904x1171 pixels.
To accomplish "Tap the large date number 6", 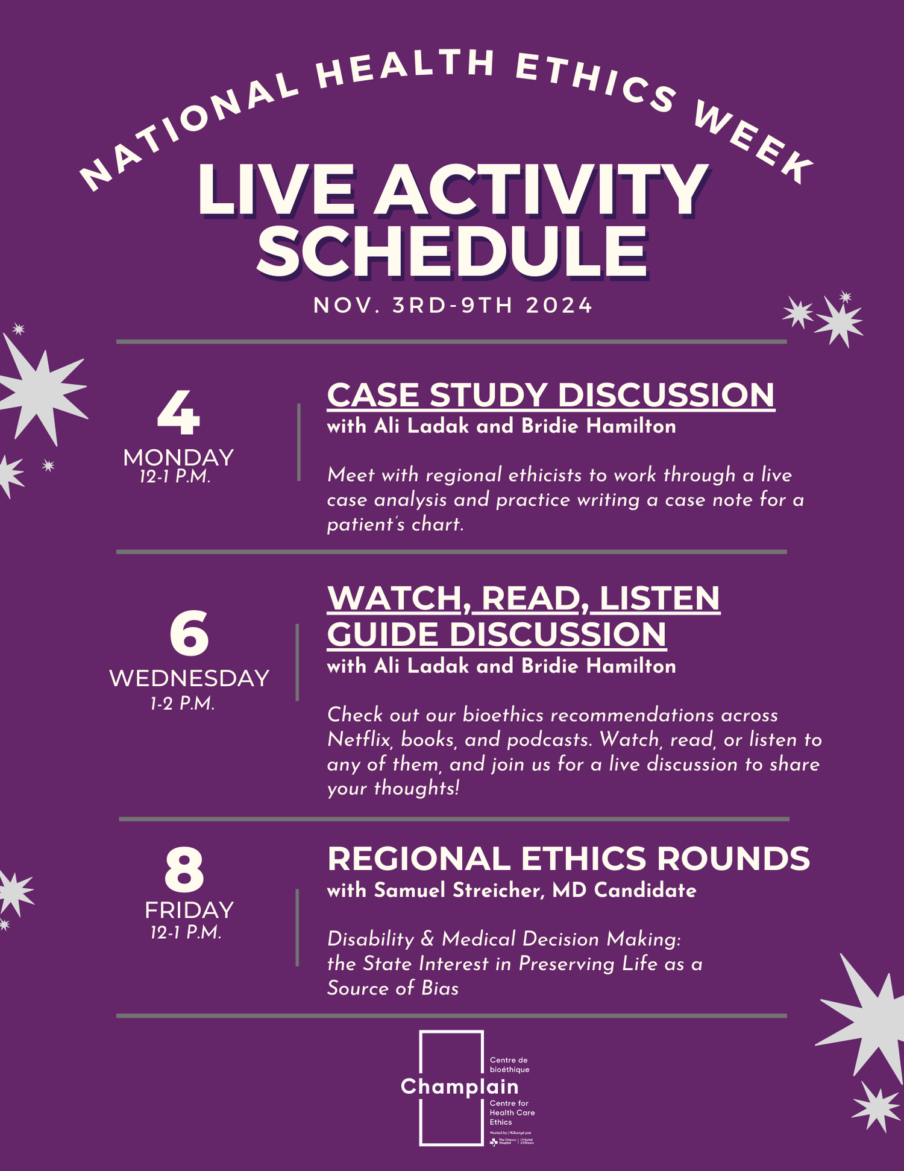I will (189, 633).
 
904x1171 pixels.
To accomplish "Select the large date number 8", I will (184, 870).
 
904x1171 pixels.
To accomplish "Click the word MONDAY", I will (178, 458).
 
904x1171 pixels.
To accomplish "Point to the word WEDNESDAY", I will (189, 678).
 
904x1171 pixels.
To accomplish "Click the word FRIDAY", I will (189, 910).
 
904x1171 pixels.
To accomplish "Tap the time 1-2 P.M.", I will (183, 704).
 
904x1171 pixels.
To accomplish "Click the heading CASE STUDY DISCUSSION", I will (550, 396).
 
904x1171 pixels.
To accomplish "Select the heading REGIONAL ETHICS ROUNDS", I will (568, 859).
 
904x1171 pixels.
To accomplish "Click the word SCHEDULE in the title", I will (452, 252).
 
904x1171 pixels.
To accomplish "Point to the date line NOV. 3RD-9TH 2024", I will (453, 305).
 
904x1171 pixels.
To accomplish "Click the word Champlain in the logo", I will (459, 1087).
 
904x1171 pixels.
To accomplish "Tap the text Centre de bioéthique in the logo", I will (509, 1064).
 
